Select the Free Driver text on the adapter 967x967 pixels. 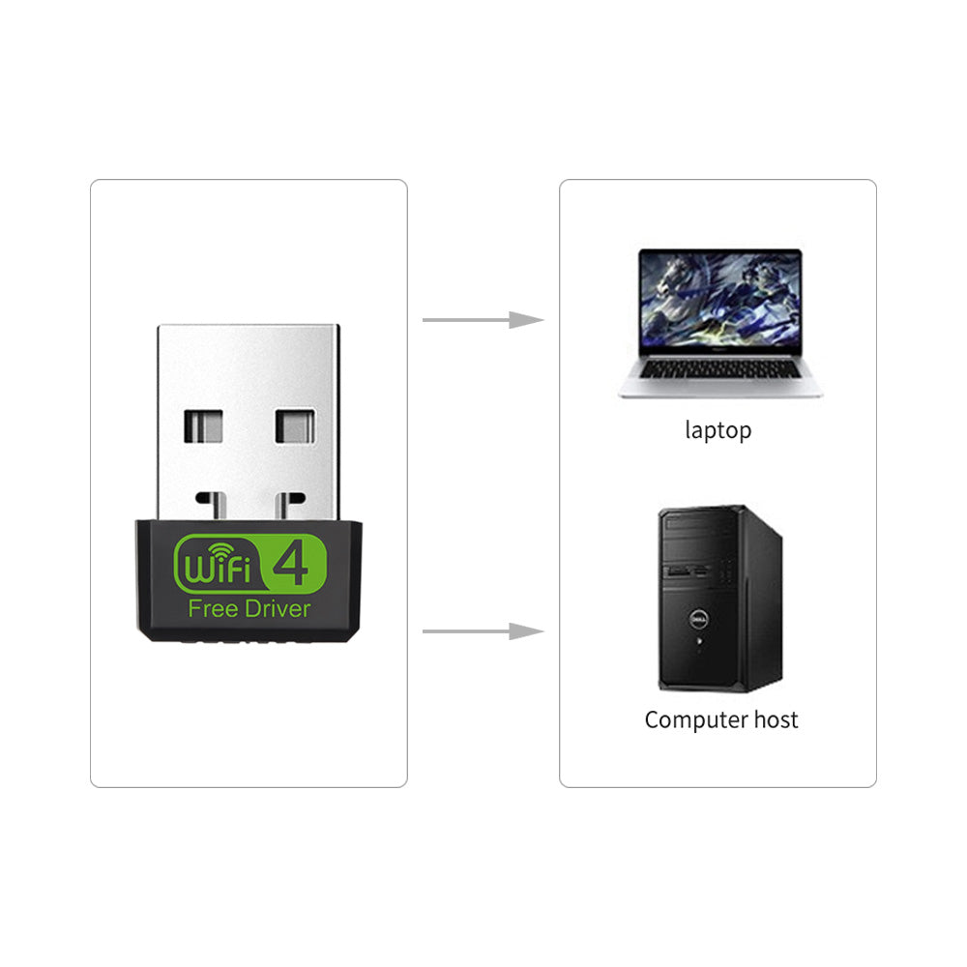tap(249, 608)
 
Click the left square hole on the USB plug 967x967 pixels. tap(203, 426)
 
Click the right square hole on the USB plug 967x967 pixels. tap(295, 426)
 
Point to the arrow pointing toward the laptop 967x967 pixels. tap(483, 320)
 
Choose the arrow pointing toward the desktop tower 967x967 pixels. tap(483, 631)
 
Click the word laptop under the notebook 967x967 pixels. tap(718, 430)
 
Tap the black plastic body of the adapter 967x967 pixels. tap(249, 629)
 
